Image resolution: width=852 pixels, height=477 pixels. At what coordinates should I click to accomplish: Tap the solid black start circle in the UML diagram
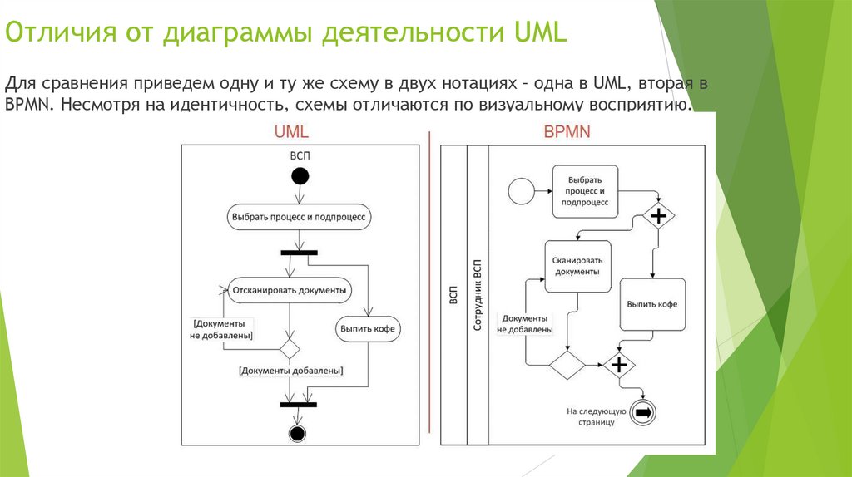[x=300, y=175]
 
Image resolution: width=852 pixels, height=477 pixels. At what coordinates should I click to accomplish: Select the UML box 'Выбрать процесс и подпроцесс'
[x=299, y=217]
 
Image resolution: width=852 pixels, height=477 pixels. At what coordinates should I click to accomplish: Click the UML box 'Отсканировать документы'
[x=290, y=290]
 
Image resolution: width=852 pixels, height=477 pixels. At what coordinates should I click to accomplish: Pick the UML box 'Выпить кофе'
[x=369, y=329]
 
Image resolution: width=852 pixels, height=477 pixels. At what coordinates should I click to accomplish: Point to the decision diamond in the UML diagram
[x=290, y=347]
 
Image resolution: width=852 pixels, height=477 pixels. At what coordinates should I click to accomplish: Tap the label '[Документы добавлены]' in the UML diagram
[x=291, y=371]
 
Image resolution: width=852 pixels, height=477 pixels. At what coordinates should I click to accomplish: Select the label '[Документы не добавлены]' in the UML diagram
[x=222, y=328]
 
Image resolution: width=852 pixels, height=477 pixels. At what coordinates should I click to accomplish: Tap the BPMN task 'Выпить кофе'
[x=651, y=304]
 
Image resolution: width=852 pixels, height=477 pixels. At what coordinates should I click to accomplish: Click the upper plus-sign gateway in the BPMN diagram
[x=659, y=216]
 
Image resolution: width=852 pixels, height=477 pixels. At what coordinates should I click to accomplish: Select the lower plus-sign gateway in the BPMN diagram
[x=618, y=364]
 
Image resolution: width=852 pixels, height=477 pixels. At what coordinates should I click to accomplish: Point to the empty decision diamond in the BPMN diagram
[x=567, y=364]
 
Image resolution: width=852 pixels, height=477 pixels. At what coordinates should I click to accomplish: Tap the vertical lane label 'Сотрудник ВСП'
[x=478, y=295]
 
